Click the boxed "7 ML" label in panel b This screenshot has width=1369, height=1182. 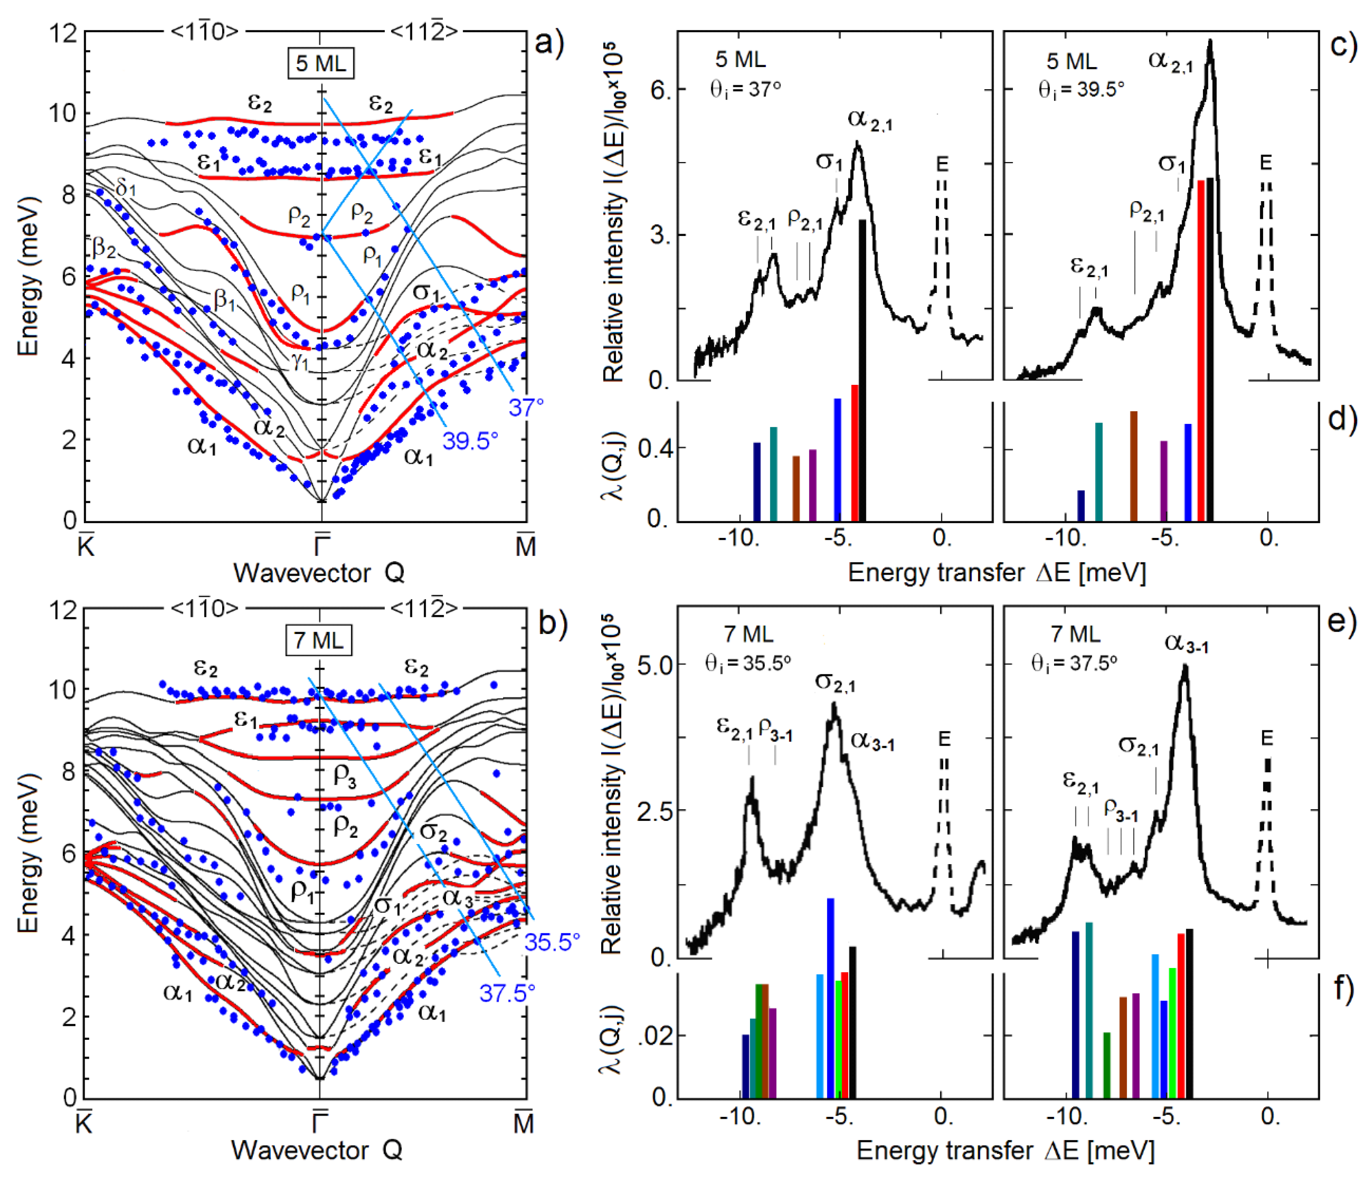[318, 640]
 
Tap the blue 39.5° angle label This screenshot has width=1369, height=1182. [470, 441]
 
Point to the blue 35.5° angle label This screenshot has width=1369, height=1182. [552, 942]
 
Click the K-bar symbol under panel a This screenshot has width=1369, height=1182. [86, 545]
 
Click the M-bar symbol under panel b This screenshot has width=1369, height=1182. [523, 1123]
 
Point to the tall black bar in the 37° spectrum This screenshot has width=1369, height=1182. [862, 370]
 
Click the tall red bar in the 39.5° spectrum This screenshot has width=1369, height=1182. [1201, 350]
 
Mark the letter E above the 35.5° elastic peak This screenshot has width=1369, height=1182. [944, 738]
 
